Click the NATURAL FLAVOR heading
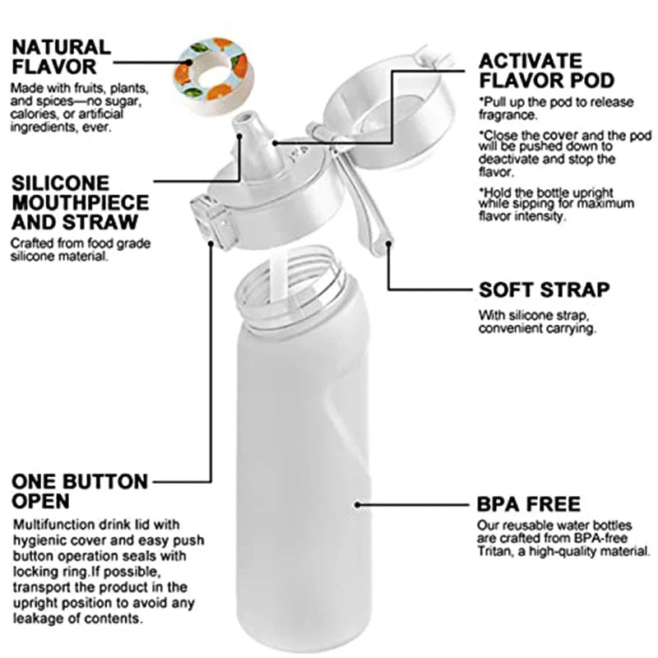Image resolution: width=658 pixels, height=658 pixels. (61, 57)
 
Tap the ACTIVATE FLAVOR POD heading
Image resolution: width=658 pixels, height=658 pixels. (546, 71)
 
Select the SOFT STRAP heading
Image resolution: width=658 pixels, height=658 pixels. (544, 290)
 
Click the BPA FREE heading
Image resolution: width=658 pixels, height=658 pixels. (528, 504)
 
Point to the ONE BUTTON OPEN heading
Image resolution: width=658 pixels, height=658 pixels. (80, 491)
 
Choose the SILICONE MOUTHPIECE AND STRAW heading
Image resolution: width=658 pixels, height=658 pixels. (80, 202)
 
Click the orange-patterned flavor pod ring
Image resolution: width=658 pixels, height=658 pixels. (214, 76)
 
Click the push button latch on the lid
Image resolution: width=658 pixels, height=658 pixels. (212, 220)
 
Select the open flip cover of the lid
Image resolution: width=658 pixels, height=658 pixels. (389, 114)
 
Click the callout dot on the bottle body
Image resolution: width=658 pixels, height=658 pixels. (357, 504)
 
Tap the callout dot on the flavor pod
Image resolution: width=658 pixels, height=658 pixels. (190, 63)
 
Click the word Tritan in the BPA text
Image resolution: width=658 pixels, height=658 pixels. (493, 551)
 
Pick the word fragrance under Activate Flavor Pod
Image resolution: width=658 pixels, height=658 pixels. (507, 115)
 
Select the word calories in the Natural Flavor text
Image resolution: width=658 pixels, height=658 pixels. (34, 114)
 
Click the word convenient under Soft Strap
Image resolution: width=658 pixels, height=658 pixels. (510, 328)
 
